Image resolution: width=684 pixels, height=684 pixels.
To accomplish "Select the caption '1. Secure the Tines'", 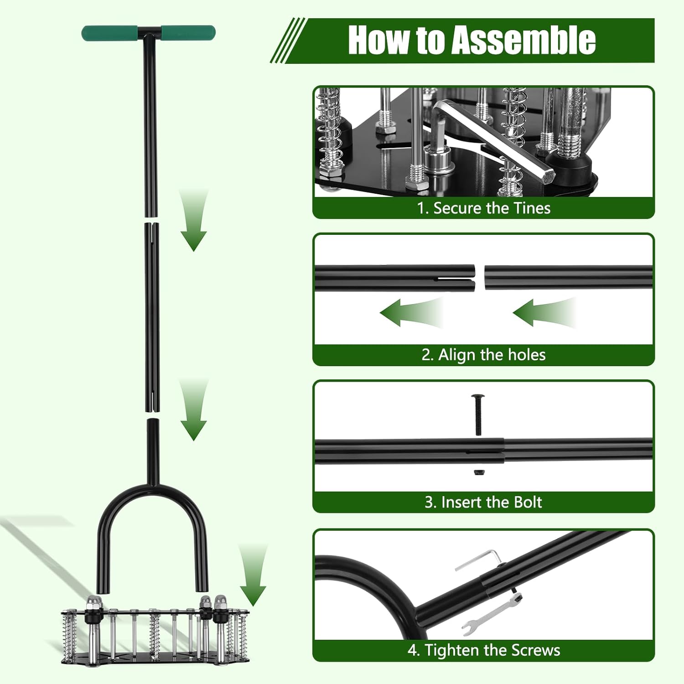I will pos(483,208).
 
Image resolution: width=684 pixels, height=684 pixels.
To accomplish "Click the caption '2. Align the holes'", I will pos(483,355).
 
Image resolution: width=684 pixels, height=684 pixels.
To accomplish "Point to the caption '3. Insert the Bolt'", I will pos(483,502).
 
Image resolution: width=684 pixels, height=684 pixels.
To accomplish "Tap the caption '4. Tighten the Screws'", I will pos(483,650).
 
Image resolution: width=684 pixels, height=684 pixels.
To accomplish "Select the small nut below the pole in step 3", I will pos(478,473).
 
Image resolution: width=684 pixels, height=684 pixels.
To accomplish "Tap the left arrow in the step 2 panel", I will pos(410,313).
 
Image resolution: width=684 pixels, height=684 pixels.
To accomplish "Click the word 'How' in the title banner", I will pos(378,40).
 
